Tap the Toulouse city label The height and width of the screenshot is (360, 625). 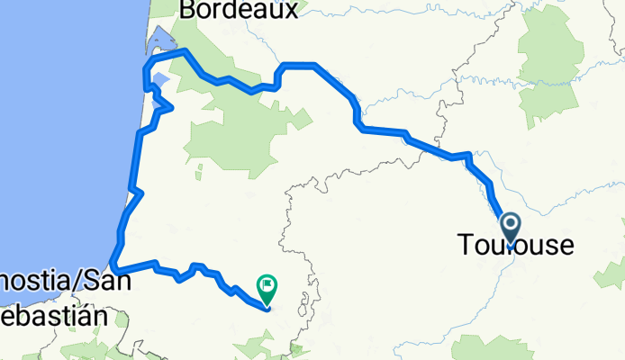tap(514, 245)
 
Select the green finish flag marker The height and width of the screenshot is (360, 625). tap(267, 288)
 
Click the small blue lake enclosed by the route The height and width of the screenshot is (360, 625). tap(160, 82)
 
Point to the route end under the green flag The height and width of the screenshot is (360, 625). tap(267, 309)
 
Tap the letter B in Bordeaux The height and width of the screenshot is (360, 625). tap(188, 10)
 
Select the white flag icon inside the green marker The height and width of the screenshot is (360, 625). tap(268, 286)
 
